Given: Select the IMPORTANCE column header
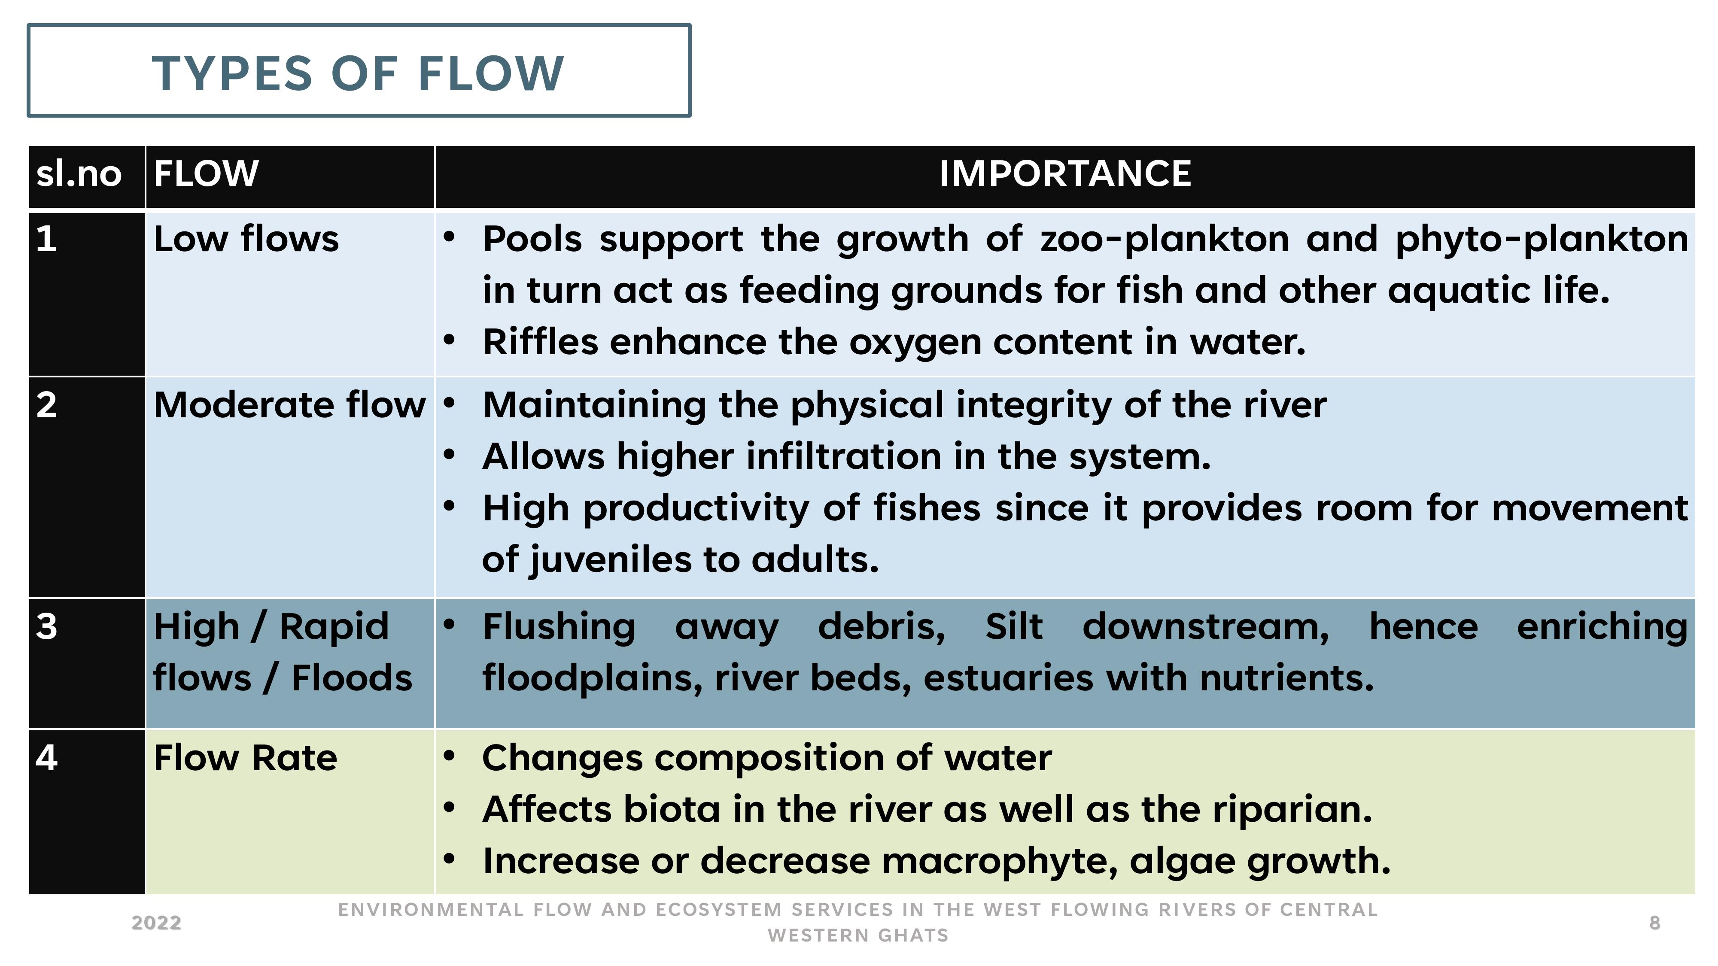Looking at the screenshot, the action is point(1065,173).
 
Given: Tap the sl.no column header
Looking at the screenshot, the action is point(79,173).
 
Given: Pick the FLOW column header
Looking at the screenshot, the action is point(206,173).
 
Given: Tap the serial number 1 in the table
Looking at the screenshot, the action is point(46,239).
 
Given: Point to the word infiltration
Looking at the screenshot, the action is point(844,457).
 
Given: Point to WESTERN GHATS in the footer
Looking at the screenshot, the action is point(858,936).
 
